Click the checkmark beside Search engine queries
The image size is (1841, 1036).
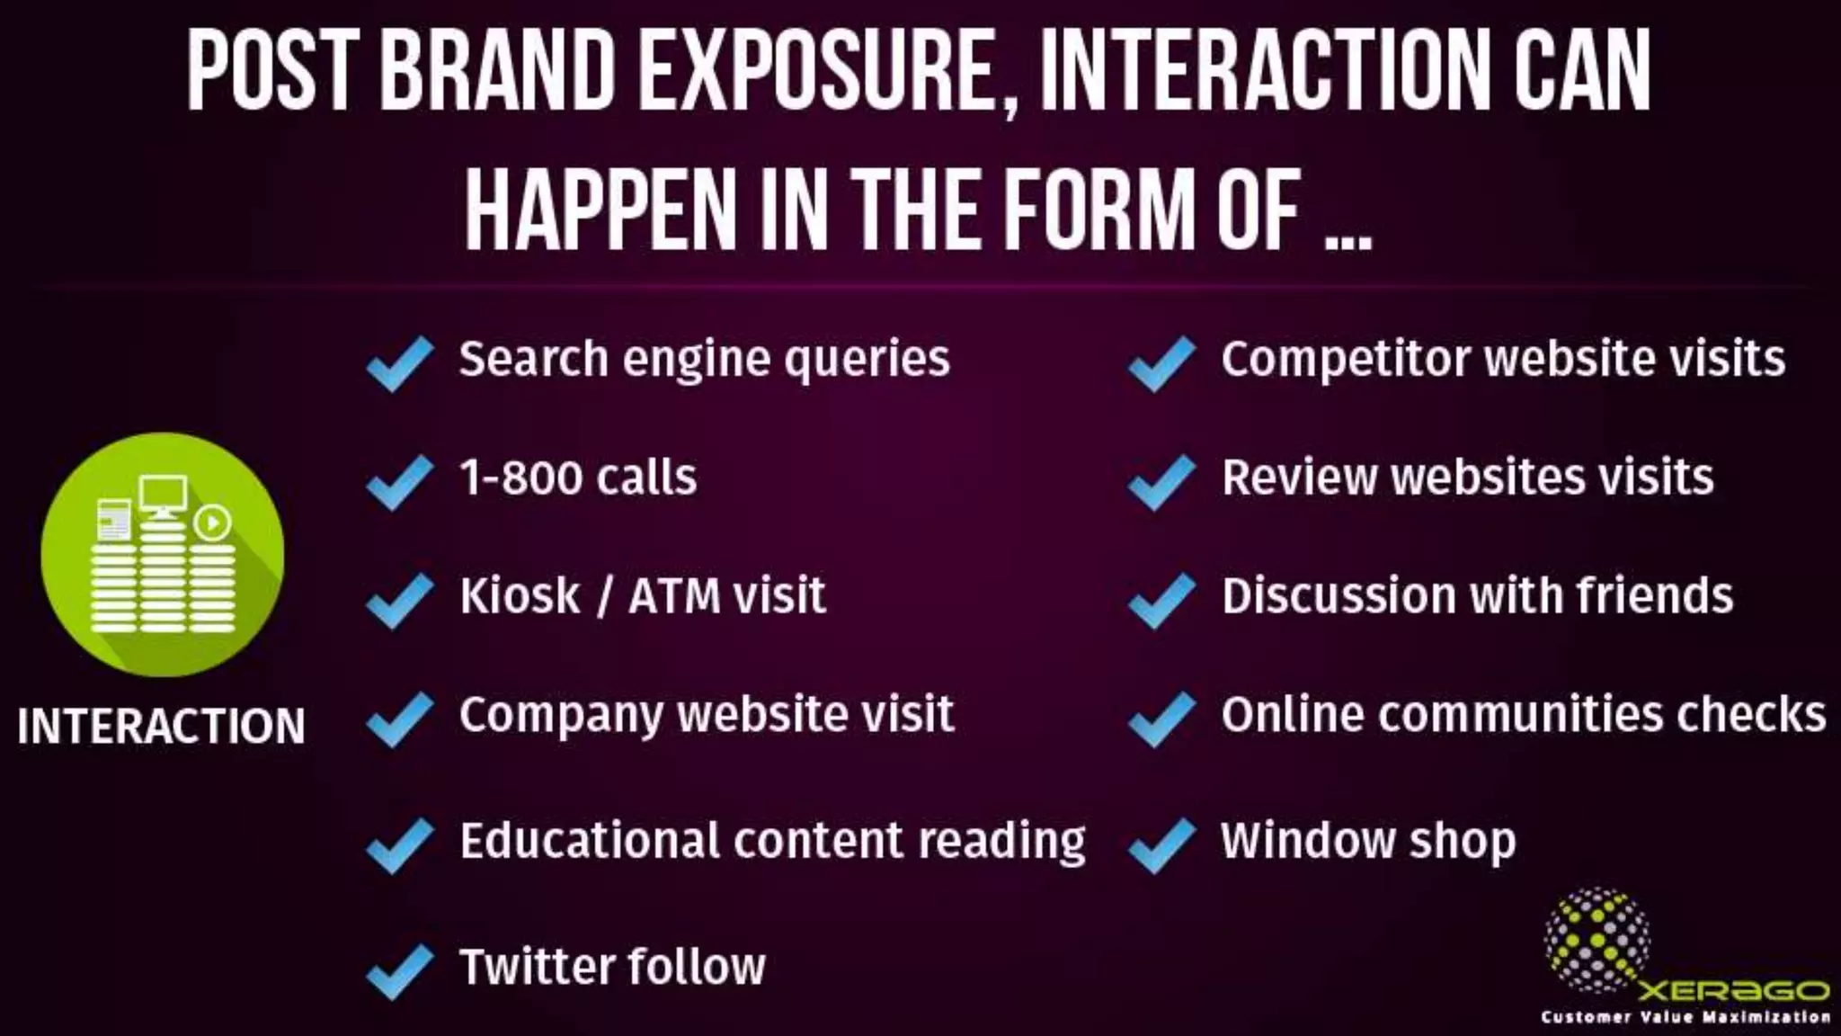(400, 363)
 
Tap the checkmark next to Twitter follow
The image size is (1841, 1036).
(400, 971)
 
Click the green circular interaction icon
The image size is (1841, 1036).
(163, 554)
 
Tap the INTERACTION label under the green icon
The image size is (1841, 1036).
(162, 727)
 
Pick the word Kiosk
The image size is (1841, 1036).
(520, 595)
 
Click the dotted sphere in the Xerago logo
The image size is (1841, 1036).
(1596, 940)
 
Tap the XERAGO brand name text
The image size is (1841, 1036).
(1733, 990)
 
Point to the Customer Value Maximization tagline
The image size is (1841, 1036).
(1685, 1017)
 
